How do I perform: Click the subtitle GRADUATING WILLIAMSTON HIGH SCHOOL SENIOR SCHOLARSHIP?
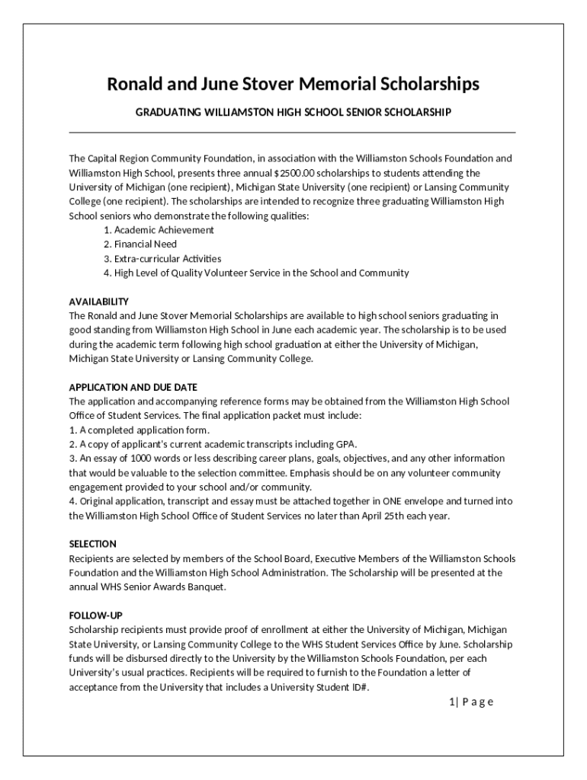[293, 113]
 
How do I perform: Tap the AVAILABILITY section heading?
[99, 302]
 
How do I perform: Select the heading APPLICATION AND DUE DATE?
[133, 388]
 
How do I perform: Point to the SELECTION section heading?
[93, 544]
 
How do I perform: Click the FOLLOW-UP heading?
[96, 615]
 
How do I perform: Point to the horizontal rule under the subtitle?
[293, 133]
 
